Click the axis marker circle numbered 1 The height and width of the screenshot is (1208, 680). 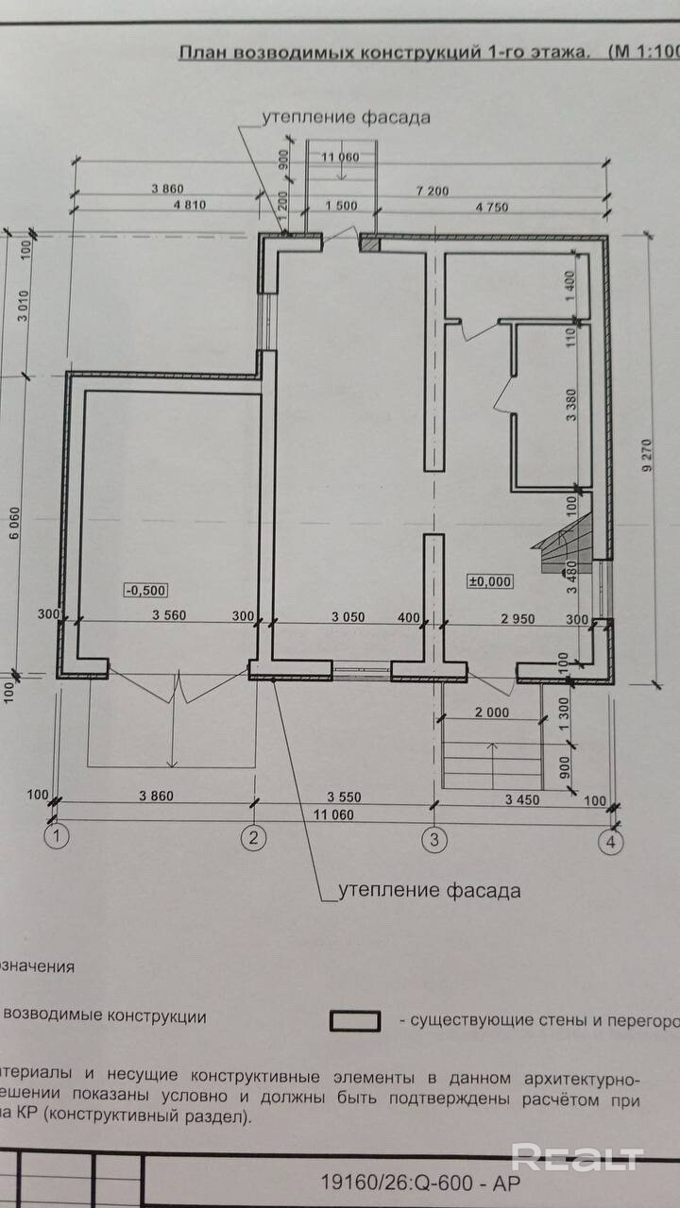(59, 836)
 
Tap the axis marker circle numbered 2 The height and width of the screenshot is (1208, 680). (252, 836)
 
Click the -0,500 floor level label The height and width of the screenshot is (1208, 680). (145, 591)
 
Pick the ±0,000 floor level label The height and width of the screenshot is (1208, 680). (490, 581)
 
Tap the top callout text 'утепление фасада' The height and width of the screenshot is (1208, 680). (347, 118)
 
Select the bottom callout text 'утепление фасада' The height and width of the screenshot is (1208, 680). (430, 889)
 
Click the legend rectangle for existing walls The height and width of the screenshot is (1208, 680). (355, 1021)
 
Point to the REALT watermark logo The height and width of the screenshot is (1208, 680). (577, 1156)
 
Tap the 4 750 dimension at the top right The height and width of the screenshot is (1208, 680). (492, 205)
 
